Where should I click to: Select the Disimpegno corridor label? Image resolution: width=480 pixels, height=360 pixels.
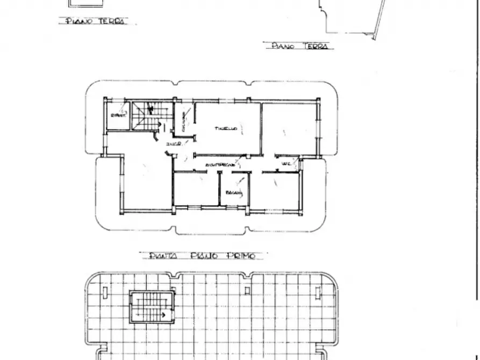[x=219, y=165]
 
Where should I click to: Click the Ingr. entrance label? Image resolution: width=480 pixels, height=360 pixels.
[x=173, y=145]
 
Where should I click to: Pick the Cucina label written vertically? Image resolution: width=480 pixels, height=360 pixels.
[x=184, y=121]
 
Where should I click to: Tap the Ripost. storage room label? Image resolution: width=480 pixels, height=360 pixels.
[x=117, y=116]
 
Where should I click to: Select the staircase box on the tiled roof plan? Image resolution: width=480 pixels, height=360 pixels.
[x=152, y=307]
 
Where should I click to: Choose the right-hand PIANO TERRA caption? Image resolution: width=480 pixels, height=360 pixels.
[x=300, y=47]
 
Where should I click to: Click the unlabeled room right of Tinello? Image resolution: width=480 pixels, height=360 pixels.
[x=289, y=129]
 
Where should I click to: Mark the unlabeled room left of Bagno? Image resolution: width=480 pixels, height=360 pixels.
[x=196, y=189]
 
